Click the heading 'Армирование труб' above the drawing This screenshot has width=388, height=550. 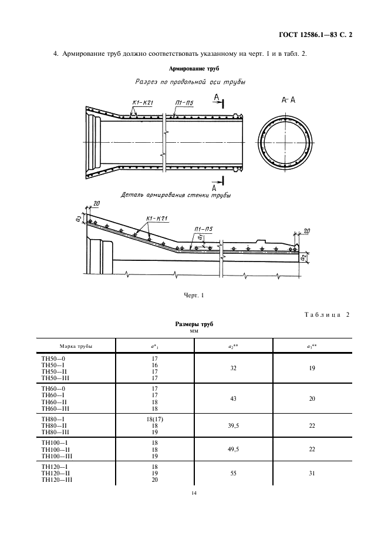(194, 69)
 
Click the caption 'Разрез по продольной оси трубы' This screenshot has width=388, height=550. (190, 82)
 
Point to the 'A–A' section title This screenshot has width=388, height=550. (288, 100)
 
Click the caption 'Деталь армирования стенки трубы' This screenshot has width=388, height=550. (176, 194)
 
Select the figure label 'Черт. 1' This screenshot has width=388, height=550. (194, 296)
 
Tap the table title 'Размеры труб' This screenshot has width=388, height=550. (194, 324)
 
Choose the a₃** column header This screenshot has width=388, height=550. (312, 346)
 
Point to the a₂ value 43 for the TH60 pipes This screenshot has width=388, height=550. (234, 399)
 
